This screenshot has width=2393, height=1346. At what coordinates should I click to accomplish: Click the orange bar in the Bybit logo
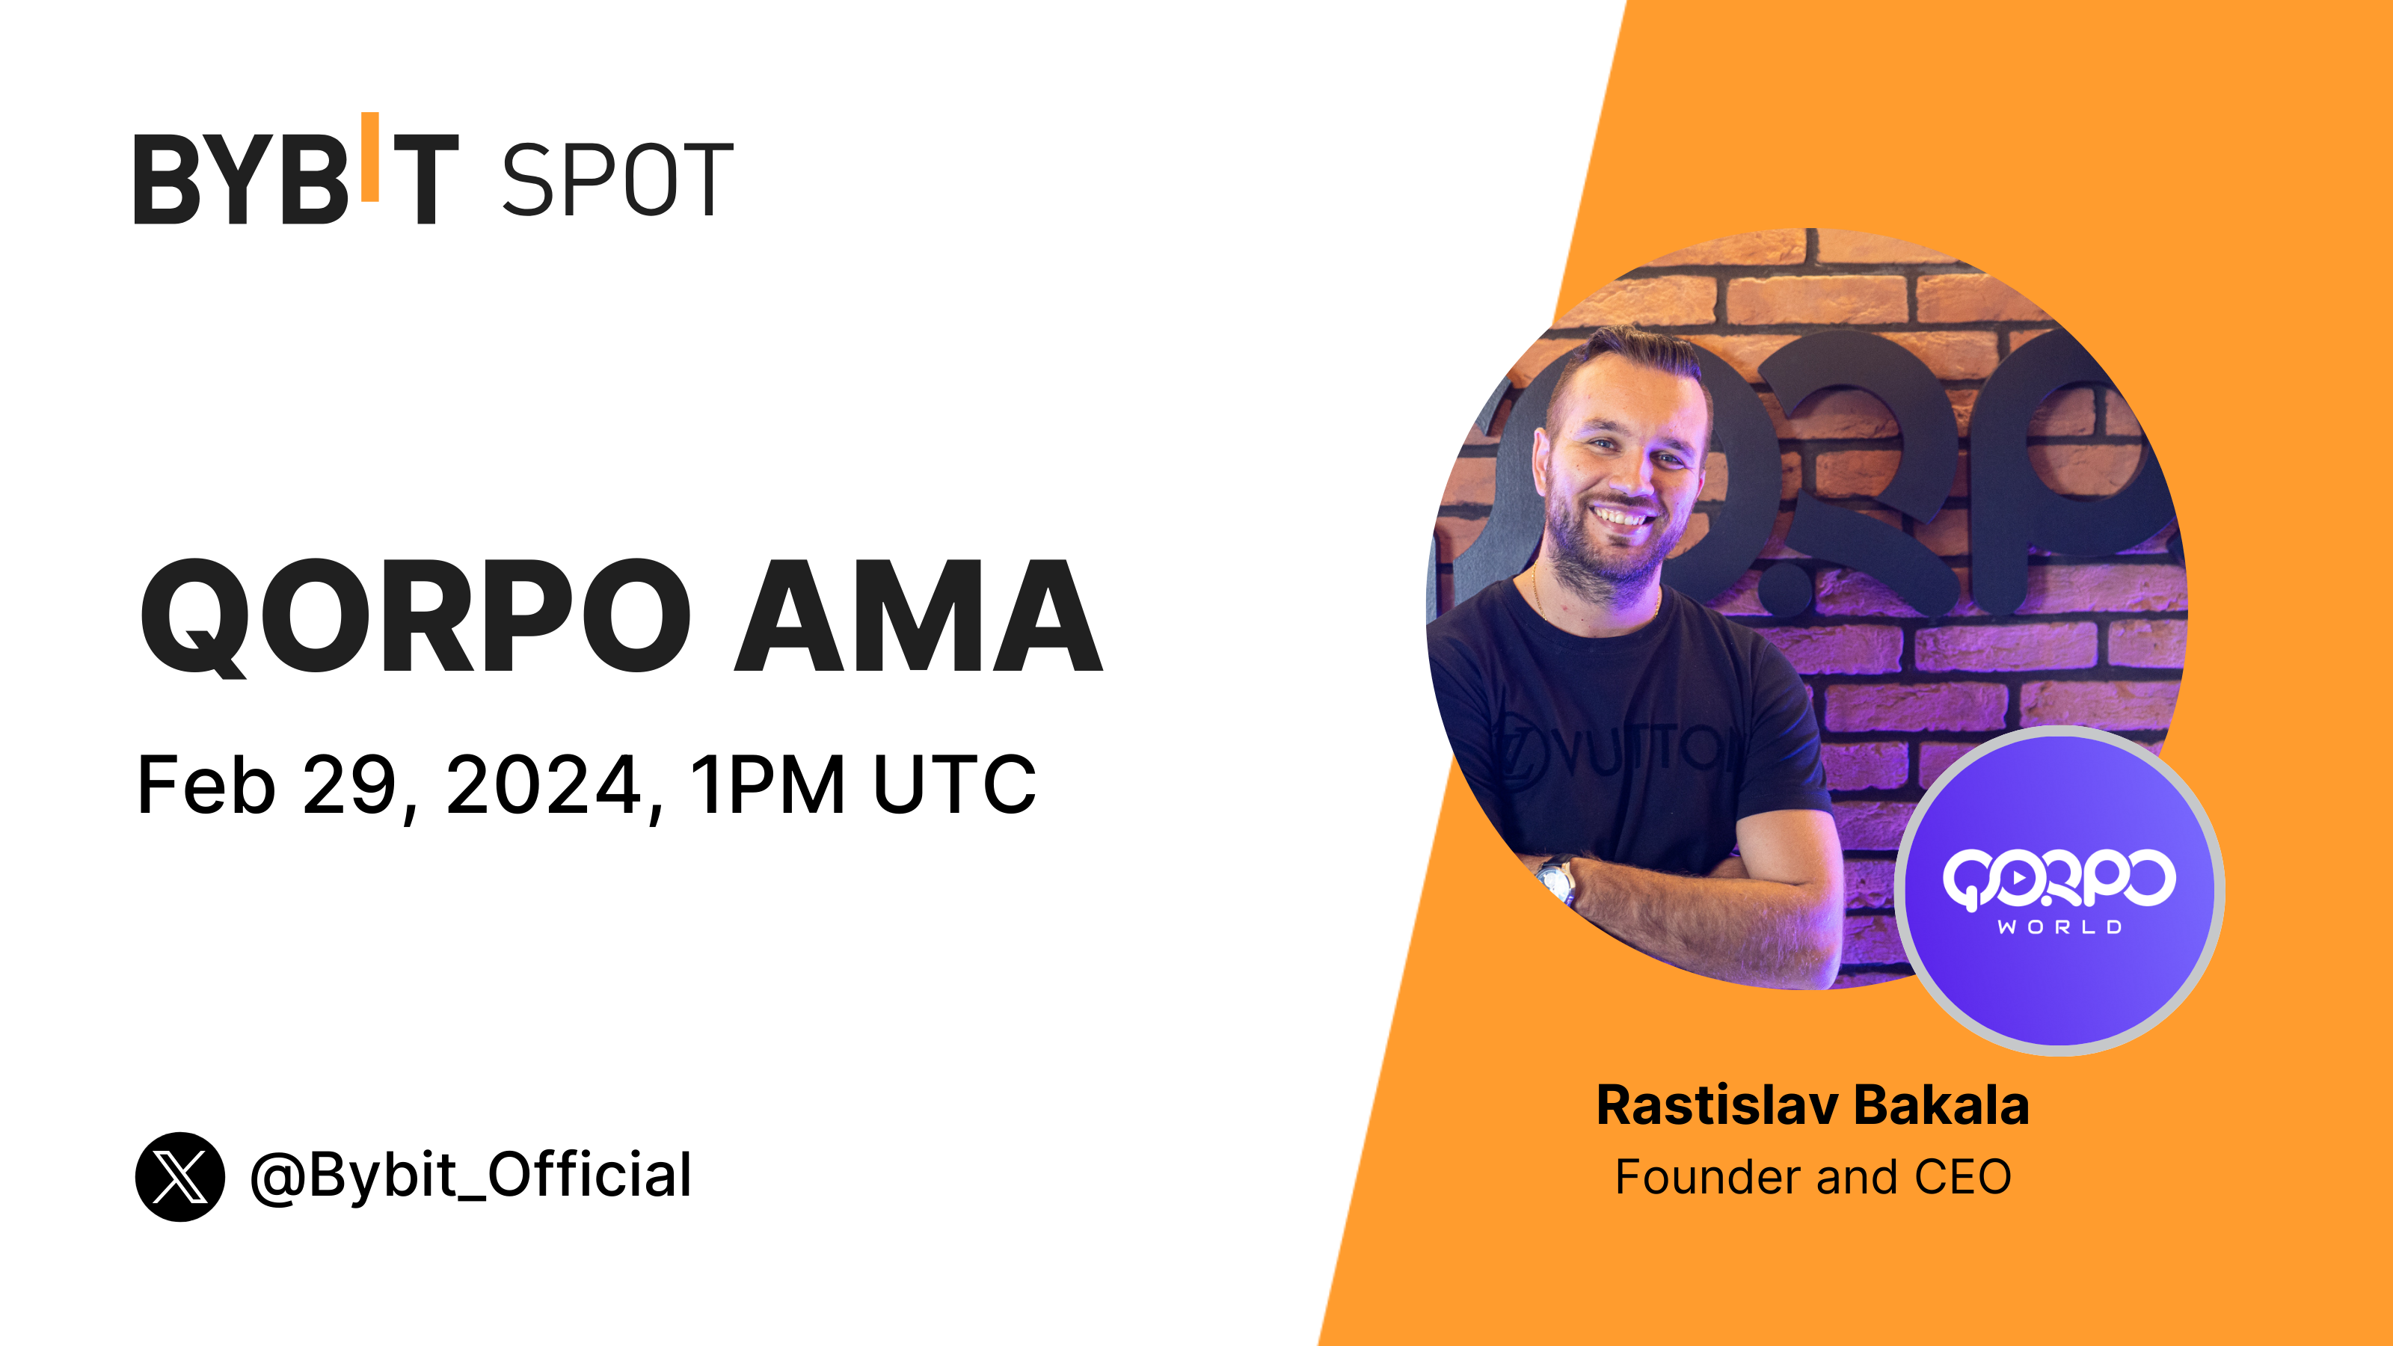pyautogui.click(x=369, y=156)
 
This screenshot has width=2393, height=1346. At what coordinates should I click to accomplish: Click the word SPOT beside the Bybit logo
pyautogui.click(x=618, y=179)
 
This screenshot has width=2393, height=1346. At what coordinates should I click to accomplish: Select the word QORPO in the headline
pyautogui.click(x=415, y=617)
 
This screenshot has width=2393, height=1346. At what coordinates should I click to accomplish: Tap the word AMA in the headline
pyautogui.click(x=918, y=616)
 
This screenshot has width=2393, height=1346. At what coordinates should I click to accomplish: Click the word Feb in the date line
pyautogui.click(x=206, y=785)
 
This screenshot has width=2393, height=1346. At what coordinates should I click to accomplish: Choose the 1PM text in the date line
pyautogui.click(x=767, y=785)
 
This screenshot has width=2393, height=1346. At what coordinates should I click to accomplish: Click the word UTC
pyautogui.click(x=954, y=785)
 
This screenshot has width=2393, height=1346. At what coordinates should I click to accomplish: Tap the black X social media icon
pyautogui.click(x=180, y=1176)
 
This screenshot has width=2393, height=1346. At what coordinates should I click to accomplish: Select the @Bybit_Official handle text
pyautogui.click(x=471, y=1176)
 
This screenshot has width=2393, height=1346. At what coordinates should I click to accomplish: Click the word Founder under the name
pyautogui.click(x=1709, y=1177)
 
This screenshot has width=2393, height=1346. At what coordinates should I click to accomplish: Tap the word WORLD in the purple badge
pyautogui.click(x=2059, y=927)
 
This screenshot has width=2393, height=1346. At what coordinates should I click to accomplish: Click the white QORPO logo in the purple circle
pyautogui.click(x=2059, y=878)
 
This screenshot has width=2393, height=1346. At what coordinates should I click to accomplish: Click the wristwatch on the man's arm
pyautogui.click(x=1557, y=879)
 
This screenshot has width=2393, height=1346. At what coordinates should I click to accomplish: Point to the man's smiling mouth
pyautogui.click(x=1619, y=514)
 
